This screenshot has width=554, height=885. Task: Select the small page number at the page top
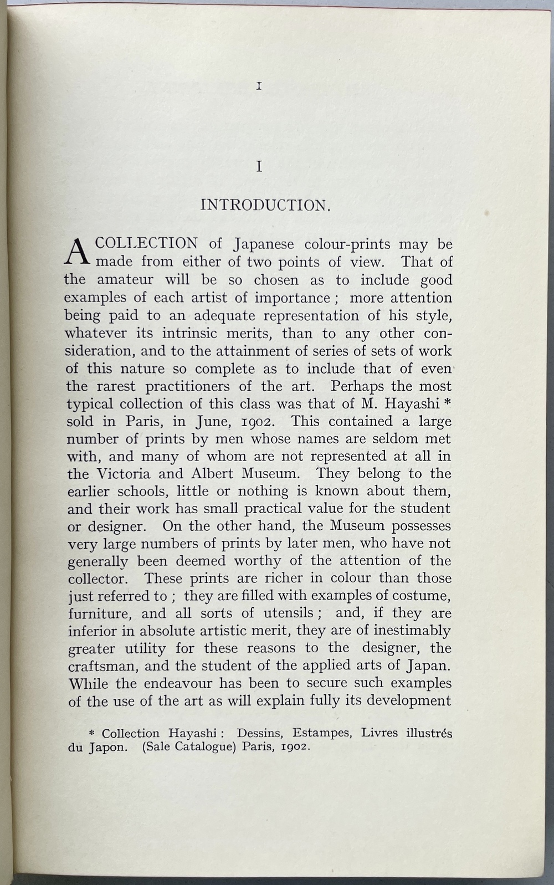(x=259, y=86)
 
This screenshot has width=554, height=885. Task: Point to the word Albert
(x=213, y=474)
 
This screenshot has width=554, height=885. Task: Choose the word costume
(x=421, y=596)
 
